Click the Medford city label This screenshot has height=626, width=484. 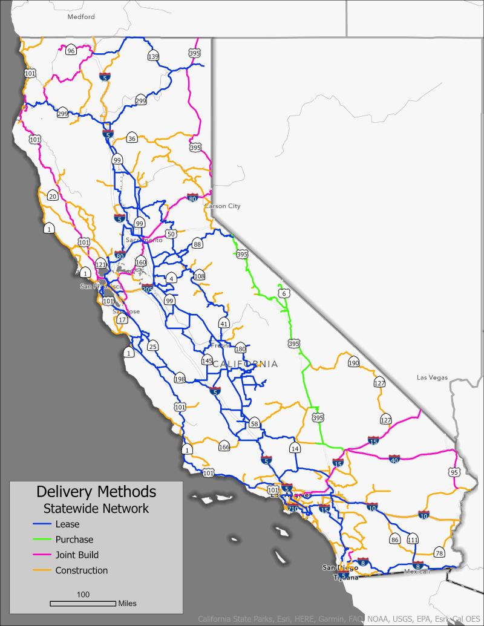click(81, 17)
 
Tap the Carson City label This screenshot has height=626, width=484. click(222, 206)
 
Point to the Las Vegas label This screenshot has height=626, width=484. click(432, 377)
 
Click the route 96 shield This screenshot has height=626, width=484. click(71, 51)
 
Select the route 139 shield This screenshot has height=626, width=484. click(153, 56)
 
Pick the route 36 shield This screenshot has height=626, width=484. click(132, 139)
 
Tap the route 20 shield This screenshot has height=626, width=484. click(53, 195)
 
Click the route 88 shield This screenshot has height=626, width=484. click(197, 244)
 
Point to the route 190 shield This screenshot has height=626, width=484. click(354, 363)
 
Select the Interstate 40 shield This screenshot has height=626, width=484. click(394, 461)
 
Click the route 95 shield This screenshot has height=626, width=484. click(454, 472)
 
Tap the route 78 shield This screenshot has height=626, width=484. click(439, 553)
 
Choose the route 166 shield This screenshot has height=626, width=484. click(224, 447)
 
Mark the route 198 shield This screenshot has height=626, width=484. click(179, 379)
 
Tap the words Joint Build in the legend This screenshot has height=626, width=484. click(77, 555)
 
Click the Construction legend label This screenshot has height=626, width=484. click(82, 570)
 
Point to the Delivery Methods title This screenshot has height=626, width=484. click(96, 491)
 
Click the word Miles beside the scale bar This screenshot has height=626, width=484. click(127, 603)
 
